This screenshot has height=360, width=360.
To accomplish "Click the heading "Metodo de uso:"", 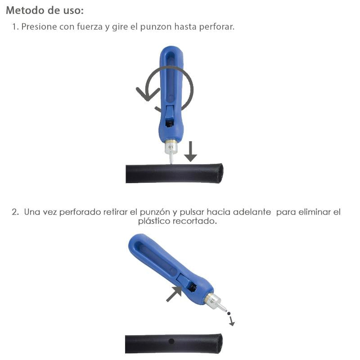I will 45,10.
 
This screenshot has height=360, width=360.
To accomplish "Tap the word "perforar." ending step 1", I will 218,27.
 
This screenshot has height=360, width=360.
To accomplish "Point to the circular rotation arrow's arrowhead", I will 146,94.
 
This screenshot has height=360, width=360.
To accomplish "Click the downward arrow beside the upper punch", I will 190,152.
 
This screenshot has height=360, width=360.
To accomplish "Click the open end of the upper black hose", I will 219,173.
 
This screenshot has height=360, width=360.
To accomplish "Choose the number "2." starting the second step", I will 16,211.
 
